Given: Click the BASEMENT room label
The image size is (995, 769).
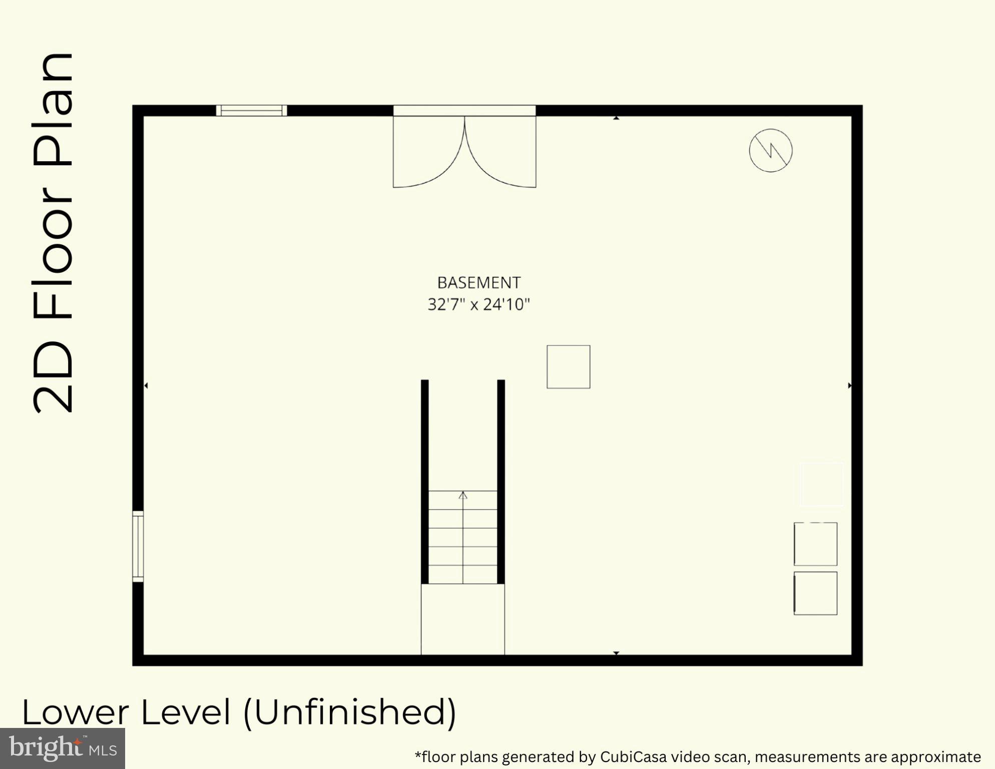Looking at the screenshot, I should pyautogui.click(x=478, y=283).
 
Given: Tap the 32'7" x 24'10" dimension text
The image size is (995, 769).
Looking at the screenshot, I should pyautogui.click(x=478, y=304).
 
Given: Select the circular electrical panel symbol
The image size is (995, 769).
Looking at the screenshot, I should pyautogui.click(x=770, y=150).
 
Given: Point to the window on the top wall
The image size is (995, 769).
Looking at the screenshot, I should pyautogui.click(x=251, y=110).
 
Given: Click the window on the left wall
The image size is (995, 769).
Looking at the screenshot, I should pyautogui.click(x=138, y=546).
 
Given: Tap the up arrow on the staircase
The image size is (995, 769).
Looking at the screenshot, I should pyautogui.click(x=463, y=496).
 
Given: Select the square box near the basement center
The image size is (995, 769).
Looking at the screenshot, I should pyautogui.click(x=568, y=366).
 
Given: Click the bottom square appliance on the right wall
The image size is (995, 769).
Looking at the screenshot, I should pyautogui.click(x=815, y=593).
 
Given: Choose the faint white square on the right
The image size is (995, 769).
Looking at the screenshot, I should pyautogui.click(x=821, y=484).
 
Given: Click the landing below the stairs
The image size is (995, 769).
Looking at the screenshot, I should pyautogui.click(x=462, y=619).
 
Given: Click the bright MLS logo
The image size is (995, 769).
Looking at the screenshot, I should pyautogui.click(x=63, y=748).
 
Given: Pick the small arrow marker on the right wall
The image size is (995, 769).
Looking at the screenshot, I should pyautogui.click(x=849, y=386).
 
